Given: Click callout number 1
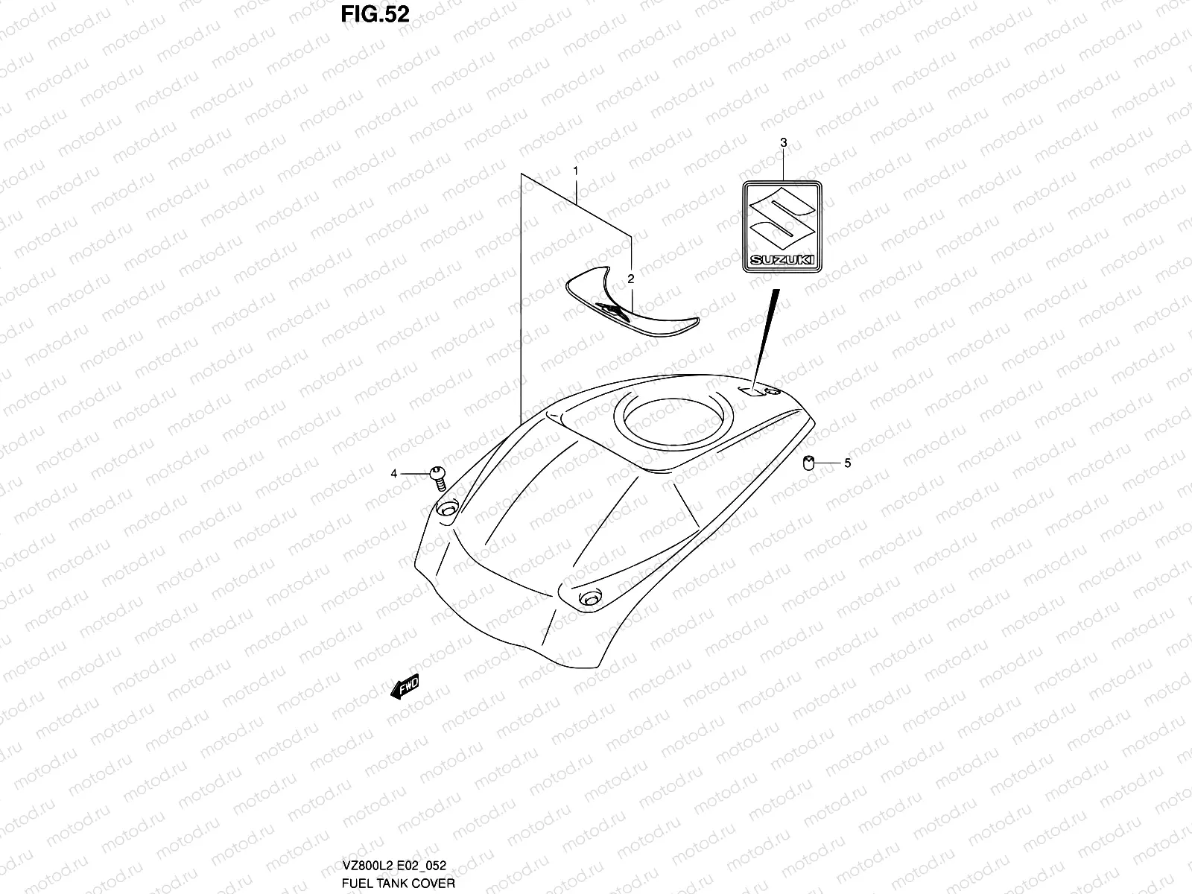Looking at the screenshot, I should pyautogui.click(x=576, y=171).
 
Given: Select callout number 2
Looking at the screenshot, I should pyautogui.click(x=630, y=279).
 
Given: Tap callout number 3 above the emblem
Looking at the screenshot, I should pyautogui.click(x=783, y=142).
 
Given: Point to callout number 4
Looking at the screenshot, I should pyautogui.click(x=394, y=473).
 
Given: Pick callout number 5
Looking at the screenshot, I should pyautogui.click(x=847, y=463).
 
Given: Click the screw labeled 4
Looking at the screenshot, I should pyautogui.click(x=437, y=477).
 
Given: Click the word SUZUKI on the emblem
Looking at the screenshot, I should pyautogui.click(x=782, y=260).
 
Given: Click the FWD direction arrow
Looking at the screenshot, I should pyautogui.click(x=405, y=687).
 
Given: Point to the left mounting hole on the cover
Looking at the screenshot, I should pyautogui.click(x=446, y=509).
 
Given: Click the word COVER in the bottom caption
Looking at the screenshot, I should pyautogui.click(x=435, y=884).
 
